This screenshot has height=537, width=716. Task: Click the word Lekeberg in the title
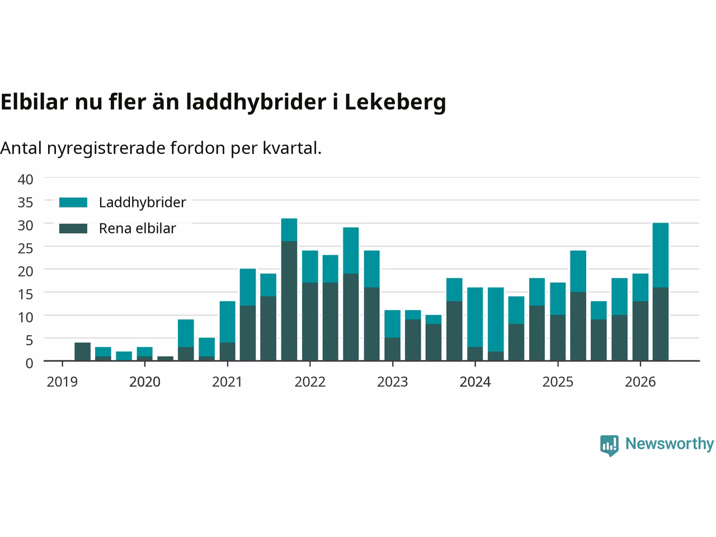click(395, 102)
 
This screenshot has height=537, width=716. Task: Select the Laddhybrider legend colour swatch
click(73, 202)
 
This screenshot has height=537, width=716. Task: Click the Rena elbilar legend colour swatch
click(73, 228)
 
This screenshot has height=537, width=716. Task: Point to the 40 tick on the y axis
click(25, 180)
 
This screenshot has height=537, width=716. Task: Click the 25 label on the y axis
click(25, 249)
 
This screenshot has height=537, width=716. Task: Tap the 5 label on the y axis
click(29, 341)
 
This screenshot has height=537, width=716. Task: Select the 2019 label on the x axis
click(62, 382)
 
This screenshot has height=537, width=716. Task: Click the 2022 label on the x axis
click(310, 382)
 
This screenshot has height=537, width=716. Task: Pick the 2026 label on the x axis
click(640, 382)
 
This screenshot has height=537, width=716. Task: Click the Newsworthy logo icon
click(609, 445)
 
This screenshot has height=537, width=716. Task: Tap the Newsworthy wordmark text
click(670, 444)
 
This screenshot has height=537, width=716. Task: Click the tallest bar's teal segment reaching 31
click(289, 230)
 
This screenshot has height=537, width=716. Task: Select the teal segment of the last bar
click(661, 255)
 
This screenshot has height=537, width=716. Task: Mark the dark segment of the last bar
click(661, 324)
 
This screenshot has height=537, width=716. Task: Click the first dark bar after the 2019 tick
click(83, 351)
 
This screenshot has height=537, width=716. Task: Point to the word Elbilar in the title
click(34, 102)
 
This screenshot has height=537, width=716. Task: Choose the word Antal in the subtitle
click(21, 148)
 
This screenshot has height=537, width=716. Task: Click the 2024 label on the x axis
click(475, 382)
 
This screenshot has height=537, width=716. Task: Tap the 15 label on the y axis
click(25, 294)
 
